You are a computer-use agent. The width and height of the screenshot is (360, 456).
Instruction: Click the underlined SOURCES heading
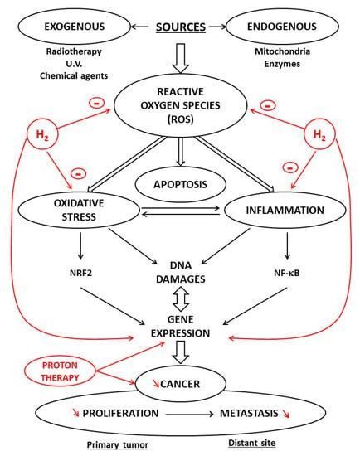181,27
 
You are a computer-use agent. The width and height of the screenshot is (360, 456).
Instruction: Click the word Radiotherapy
74,51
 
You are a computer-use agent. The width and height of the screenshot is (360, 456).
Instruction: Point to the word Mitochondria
282,51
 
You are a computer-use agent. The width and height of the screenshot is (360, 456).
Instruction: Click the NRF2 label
80,273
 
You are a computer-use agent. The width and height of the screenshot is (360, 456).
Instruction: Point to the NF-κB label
287,273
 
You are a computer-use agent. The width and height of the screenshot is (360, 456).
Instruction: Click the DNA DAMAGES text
181,272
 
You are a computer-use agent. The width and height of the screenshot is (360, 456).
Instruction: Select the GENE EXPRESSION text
181,327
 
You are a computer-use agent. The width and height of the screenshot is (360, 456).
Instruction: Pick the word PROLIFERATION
120,413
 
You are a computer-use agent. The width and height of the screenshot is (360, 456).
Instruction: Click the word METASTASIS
249,413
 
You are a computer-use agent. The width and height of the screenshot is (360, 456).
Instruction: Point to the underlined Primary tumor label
118,444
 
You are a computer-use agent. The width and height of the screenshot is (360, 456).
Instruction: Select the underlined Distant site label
251,443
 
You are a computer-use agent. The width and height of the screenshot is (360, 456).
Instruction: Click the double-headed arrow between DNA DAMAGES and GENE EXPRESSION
181,299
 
